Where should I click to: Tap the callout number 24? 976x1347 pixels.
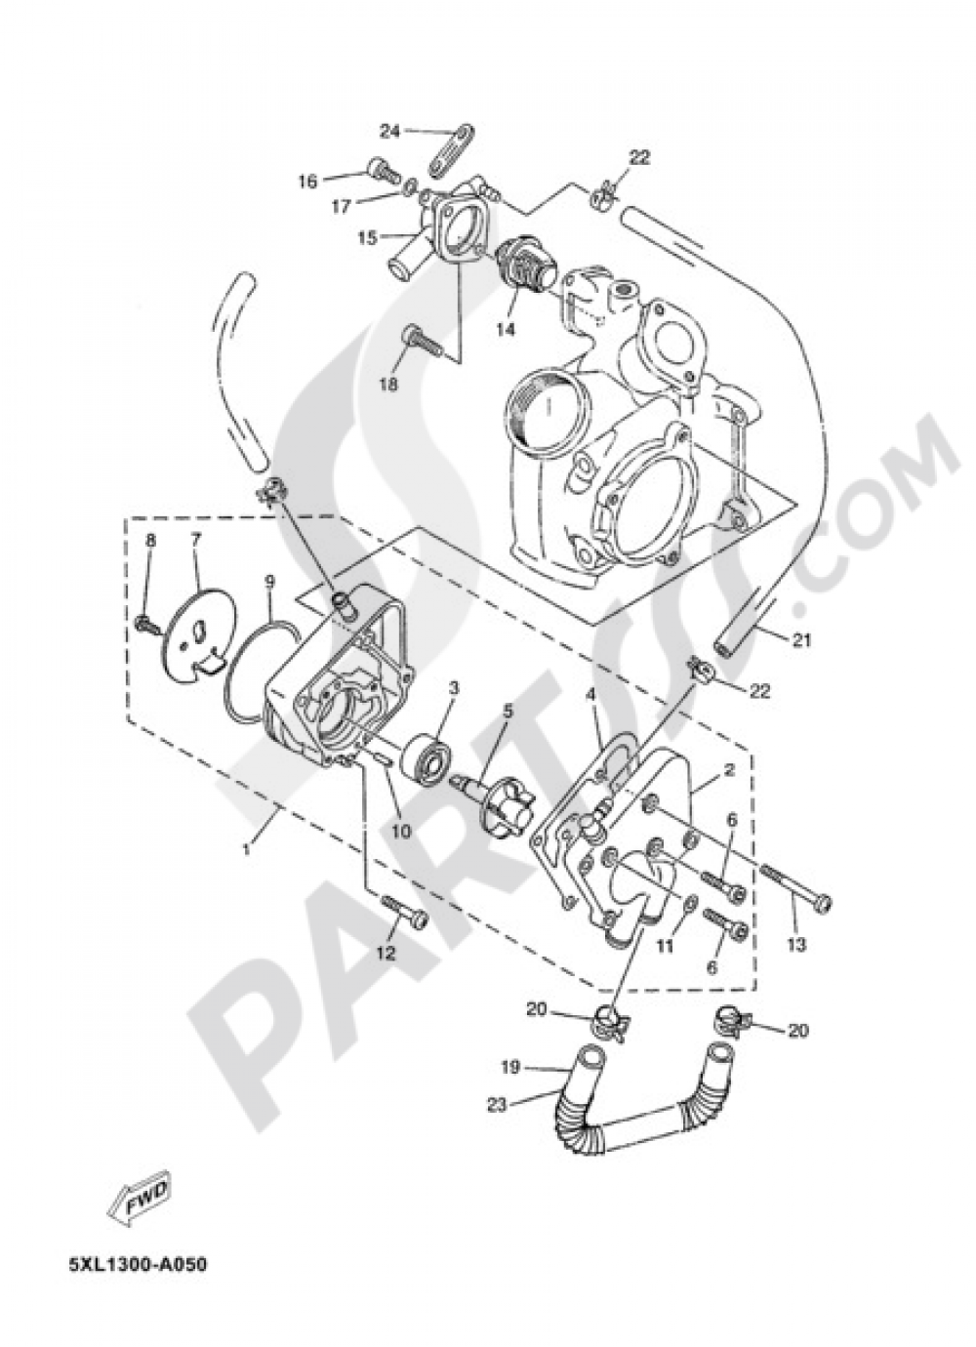[x=390, y=130]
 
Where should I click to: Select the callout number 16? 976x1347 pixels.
[x=308, y=181]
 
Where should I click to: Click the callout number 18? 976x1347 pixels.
[x=388, y=385]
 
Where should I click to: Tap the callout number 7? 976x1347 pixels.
[x=195, y=539]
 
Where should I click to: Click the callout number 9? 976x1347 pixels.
[x=268, y=583]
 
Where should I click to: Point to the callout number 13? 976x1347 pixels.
[x=796, y=944]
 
